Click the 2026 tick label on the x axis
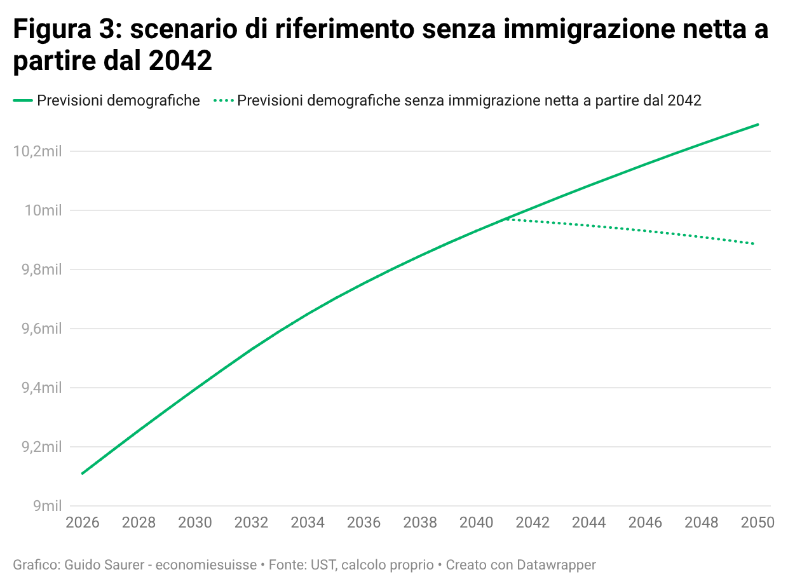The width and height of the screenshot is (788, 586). (x=83, y=522)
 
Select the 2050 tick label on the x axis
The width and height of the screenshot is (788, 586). (x=757, y=522)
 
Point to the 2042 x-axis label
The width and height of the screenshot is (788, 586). (x=533, y=522)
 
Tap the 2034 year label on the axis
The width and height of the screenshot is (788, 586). (x=308, y=522)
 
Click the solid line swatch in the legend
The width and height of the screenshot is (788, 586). (x=23, y=100)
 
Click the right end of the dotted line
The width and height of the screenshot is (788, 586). (x=754, y=244)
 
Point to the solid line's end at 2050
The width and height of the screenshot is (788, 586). (x=758, y=125)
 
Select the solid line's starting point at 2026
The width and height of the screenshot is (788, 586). (x=82, y=474)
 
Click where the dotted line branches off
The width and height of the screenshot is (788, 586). (x=505, y=219)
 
